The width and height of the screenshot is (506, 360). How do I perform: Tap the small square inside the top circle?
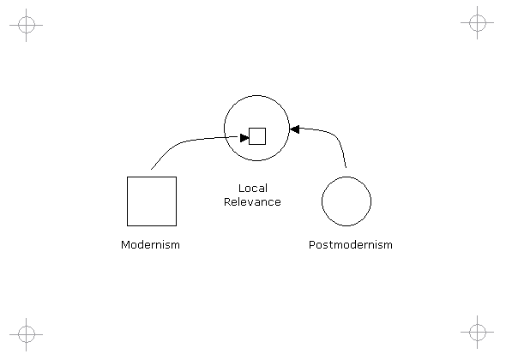257,136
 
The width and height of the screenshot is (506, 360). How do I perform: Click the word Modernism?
150,245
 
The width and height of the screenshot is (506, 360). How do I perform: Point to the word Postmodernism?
351,245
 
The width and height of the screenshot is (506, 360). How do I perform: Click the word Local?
253,189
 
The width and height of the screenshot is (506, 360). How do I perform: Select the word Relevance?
252,202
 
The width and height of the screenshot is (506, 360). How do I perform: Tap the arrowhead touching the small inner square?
244,138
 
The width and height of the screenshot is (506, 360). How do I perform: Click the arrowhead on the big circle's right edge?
295,129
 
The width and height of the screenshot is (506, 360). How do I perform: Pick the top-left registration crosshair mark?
26,25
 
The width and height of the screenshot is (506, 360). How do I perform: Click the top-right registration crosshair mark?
478,22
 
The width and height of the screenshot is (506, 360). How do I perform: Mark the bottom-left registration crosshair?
26,334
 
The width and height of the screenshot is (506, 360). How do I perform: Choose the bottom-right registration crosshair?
478,332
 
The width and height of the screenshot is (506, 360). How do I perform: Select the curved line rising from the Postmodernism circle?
335,135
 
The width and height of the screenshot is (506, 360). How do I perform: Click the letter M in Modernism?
125,245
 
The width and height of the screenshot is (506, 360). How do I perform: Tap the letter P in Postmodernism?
311,245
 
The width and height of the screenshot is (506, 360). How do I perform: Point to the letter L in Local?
241,189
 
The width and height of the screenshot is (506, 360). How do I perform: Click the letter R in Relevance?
227,202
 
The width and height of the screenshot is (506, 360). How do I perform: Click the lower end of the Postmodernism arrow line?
346,167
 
